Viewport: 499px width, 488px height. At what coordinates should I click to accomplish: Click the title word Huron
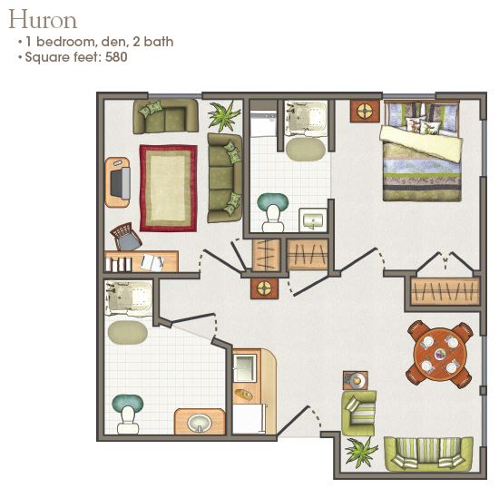click(43, 19)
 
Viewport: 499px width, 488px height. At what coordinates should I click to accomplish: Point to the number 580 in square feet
click(115, 57)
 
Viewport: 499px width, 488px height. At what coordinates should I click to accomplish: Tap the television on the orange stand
click(122, 184)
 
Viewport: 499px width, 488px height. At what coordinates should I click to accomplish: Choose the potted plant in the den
click(224, 116)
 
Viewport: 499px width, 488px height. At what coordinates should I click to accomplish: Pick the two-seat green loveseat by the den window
click(165, 115)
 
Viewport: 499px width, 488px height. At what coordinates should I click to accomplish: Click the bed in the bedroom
click(421, 150)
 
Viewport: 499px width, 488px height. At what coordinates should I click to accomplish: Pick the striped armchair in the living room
click(358, 413)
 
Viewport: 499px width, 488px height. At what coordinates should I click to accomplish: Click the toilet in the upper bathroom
click(270, 210)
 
